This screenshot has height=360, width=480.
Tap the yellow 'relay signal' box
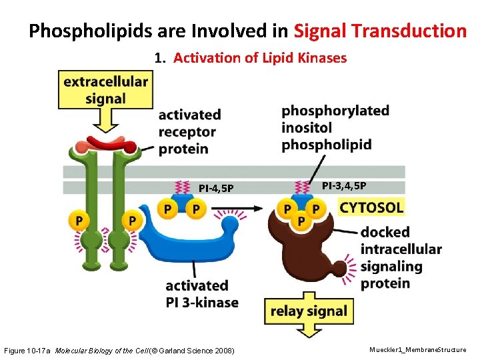pos(309,311)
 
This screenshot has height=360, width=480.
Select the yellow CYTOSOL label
pos(371,207)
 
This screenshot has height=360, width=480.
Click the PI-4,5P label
pos(216,188)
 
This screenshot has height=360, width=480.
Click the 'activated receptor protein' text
pos(189,131)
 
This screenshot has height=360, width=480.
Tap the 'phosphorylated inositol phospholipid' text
pos(335,127)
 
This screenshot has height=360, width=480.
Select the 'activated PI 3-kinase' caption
pos(201,294)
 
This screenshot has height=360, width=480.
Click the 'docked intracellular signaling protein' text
pos(400,257)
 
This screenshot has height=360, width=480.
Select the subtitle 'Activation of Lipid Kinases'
pos(260,58)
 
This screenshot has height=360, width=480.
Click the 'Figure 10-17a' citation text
pos(28,349)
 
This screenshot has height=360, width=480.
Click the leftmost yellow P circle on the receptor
pos(80,219)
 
